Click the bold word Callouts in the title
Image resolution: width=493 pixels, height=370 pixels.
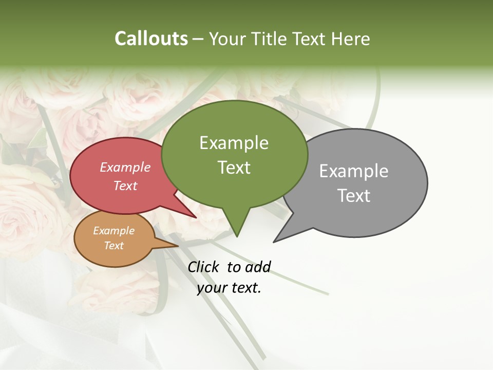tap(151, 39)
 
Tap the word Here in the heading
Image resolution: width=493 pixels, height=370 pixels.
tap(351, 39)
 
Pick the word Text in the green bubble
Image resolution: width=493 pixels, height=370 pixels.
tap(234, 167)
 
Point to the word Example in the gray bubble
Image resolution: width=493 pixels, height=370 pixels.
tap(354, 171)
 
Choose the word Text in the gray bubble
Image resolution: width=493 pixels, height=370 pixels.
tap(354, 195)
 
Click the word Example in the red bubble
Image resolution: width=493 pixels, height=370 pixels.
tap(125, 167)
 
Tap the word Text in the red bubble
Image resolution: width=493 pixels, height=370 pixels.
tap(125, 186)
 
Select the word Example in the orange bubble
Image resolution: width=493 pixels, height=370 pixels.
tap(113, 231)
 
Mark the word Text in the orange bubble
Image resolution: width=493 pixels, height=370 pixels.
tap(113, 246)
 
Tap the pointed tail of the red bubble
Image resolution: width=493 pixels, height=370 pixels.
tap(192, 215)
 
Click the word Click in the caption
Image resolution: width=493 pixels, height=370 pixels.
tap(204, 267)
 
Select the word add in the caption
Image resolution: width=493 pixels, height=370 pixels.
tap(257, 267)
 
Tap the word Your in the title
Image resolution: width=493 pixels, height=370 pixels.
tap(228, 39)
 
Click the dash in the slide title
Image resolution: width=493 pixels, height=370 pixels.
tap(198, 39)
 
